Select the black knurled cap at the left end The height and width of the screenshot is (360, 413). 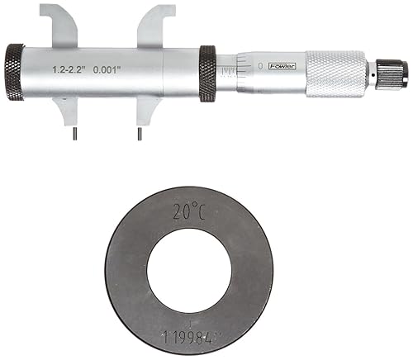pos(14,73)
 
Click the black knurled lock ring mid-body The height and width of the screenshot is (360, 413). pos(207,73)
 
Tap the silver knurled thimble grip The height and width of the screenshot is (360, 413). pos(337,74)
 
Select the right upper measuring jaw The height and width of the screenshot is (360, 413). pos(156,26)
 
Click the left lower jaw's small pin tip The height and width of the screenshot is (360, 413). pos(73,133)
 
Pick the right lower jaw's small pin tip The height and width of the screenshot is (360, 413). pos(137,133)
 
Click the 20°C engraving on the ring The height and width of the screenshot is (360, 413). pos(188,213)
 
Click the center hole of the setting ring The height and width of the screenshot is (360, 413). pos(189,271)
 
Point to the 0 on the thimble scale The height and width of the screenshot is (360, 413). pos(260,64)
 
